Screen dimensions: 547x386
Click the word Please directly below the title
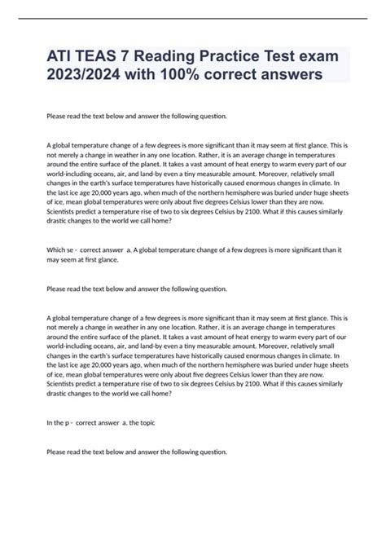coord(59,116)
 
